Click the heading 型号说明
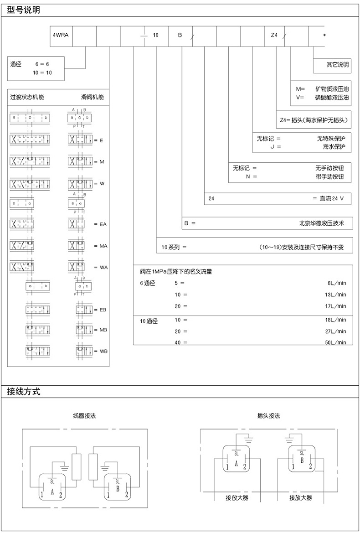coord(24,9)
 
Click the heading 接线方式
coord(24,391)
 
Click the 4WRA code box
coord(60,35)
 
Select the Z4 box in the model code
coord(274,35)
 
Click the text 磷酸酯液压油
coord(331,97)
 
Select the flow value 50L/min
coord(335,342)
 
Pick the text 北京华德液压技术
coord(320,223)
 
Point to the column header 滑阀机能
coord(93,97)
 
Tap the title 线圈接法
coord(84,416)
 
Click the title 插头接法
coord(268,416)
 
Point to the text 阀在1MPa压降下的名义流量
coord(176,272)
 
